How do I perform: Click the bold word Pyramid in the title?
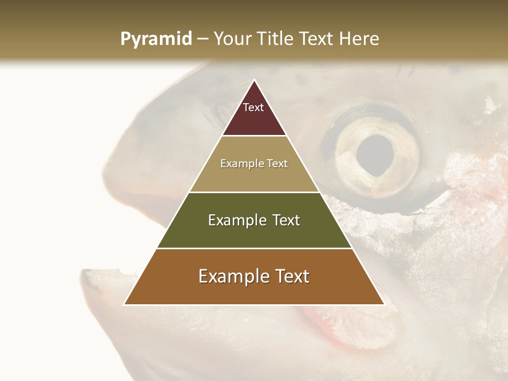tap(156, 39)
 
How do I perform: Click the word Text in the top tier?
tap(253, 107)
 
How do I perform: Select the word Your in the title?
tap(233, 39)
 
